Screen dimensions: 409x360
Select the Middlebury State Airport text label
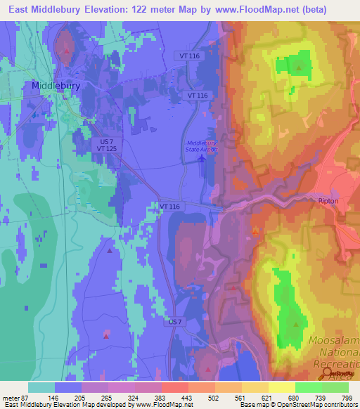[202, 145]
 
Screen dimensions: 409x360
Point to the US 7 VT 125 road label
[107, 145]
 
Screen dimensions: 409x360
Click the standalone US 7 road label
[175, 321]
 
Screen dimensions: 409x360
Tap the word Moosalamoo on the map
[334, 342]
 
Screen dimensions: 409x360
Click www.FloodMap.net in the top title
[262, 9]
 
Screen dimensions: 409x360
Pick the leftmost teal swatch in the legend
[41, 387]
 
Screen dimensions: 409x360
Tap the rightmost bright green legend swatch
[335, 387]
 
